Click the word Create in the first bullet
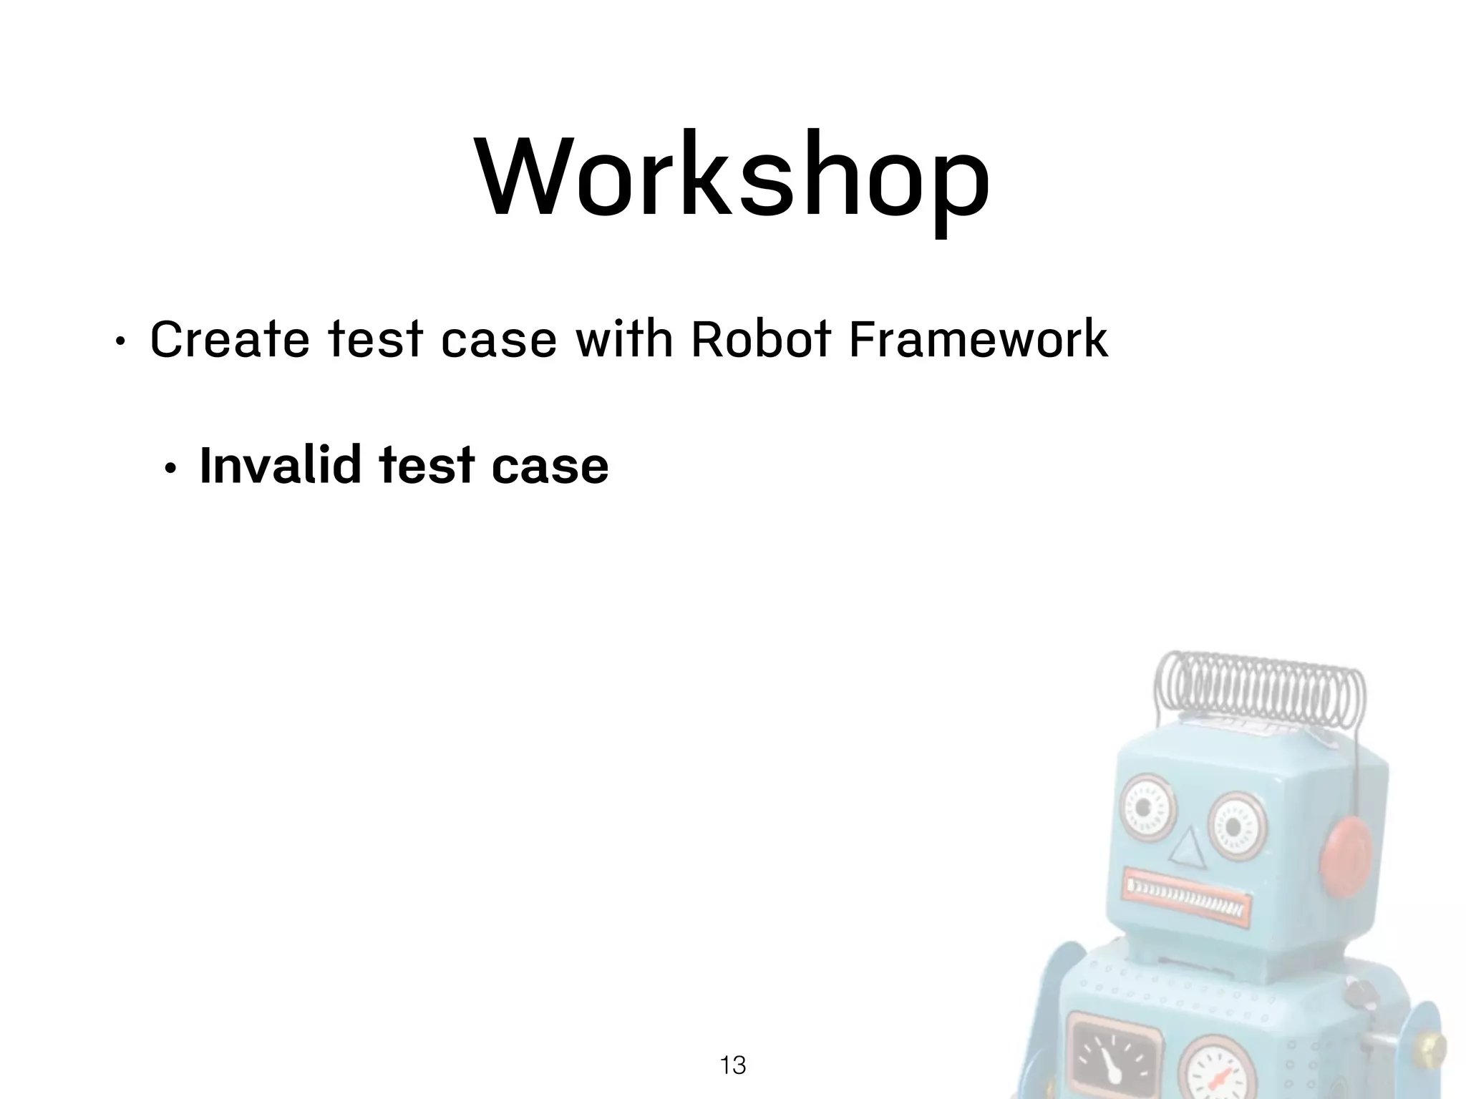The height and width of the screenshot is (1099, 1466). [229, 340]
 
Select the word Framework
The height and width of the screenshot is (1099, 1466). [978, 340]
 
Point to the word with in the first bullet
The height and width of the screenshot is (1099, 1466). [624, 340]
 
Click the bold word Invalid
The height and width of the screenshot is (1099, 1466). [280, 466]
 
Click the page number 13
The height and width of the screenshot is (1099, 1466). [732, 1065]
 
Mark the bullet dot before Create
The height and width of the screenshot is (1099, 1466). [120, 343]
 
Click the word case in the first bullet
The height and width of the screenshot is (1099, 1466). [499, 340]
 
